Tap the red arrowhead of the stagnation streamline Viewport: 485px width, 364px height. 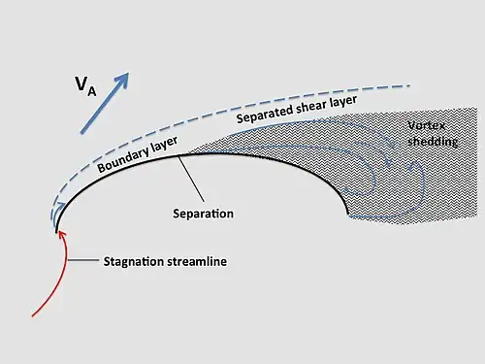61,237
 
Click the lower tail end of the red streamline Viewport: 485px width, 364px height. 34,314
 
